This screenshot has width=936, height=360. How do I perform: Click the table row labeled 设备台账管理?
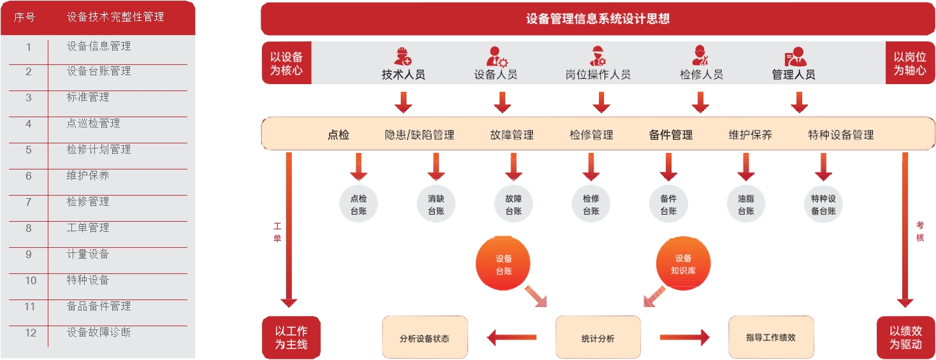point(99,71)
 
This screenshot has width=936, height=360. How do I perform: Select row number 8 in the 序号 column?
point(28,228)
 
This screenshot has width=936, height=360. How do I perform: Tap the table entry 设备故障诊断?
point(99,332)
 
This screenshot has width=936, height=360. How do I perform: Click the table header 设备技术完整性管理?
point(115,17)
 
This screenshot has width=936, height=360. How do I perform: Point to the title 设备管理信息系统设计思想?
point(598,18)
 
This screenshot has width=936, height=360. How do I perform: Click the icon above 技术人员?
point(403,56)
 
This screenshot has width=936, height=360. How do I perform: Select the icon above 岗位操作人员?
point(598,56)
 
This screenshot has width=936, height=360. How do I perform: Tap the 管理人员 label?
point(793,75)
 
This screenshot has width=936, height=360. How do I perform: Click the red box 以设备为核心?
point(287,63)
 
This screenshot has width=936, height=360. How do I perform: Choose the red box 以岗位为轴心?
point(909,63)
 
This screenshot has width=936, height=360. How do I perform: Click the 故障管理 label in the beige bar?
point(512,134)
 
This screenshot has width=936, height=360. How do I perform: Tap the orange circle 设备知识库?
point(683,264)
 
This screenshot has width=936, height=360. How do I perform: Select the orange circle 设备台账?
point(503,264)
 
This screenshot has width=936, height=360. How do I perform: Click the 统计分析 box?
point(598,338)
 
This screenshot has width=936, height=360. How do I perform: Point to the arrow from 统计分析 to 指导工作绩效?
point(684,337)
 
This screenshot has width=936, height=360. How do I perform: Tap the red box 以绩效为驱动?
point(905,338)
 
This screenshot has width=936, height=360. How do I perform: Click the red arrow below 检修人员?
point(700,102)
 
